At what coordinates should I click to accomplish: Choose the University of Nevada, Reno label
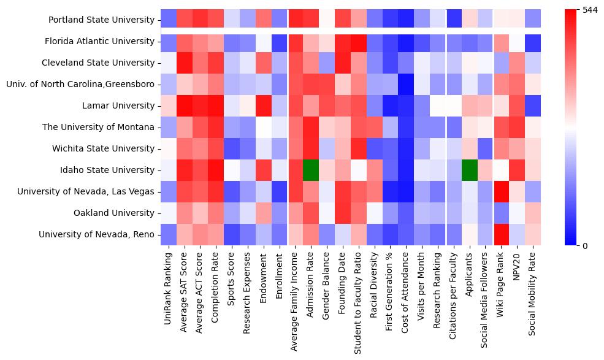point(96,235)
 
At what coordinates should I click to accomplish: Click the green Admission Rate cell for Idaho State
point(311,170)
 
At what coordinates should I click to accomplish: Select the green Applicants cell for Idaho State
point(470,170)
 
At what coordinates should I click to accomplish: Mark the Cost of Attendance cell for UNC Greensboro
point(407,85)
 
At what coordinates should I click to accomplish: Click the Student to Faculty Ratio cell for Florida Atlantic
point(359,42)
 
